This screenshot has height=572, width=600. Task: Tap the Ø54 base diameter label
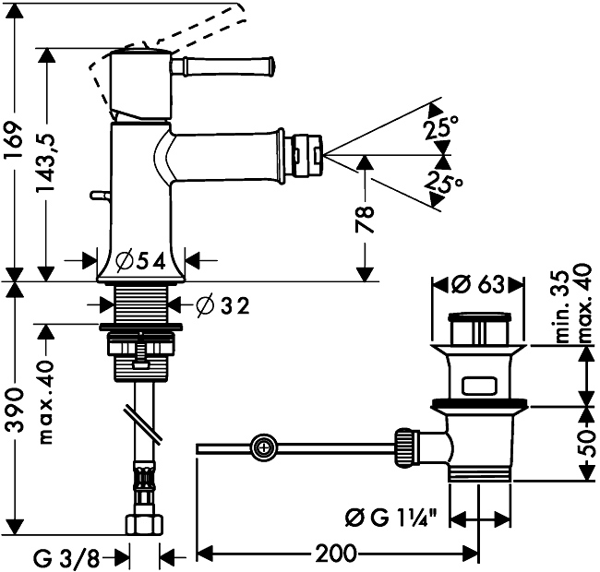[142, 261]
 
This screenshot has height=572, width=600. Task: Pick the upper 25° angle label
[440, 129]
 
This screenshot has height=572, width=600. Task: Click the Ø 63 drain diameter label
[478, 281]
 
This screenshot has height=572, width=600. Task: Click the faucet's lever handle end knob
[270, 66]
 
